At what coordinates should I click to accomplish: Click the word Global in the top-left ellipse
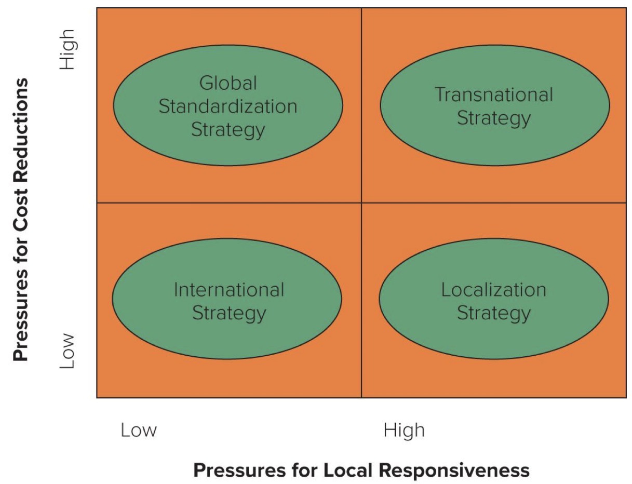click(x=228, y=83)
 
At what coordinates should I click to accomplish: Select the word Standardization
click(x=228, y=106)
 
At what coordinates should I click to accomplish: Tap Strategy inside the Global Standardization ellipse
click(x=228, y=130)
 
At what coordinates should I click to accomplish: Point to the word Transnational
click(x=493, y=95)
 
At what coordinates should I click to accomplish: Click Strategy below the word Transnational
click(x=493, y=118)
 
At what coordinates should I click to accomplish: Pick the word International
click(x=229, y=289)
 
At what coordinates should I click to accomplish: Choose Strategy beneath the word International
click(x=229, y=313)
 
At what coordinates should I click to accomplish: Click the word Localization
click(x=493, y=289)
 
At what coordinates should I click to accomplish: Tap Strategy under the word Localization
click(x=493, y=313)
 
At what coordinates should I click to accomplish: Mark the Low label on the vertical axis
click(x=68, y=351)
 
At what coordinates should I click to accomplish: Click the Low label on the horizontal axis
click(x=139, y=431)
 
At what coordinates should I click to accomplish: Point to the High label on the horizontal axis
click(x=404, y=431)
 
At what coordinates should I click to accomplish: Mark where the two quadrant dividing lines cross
click(x=361, y=203)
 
